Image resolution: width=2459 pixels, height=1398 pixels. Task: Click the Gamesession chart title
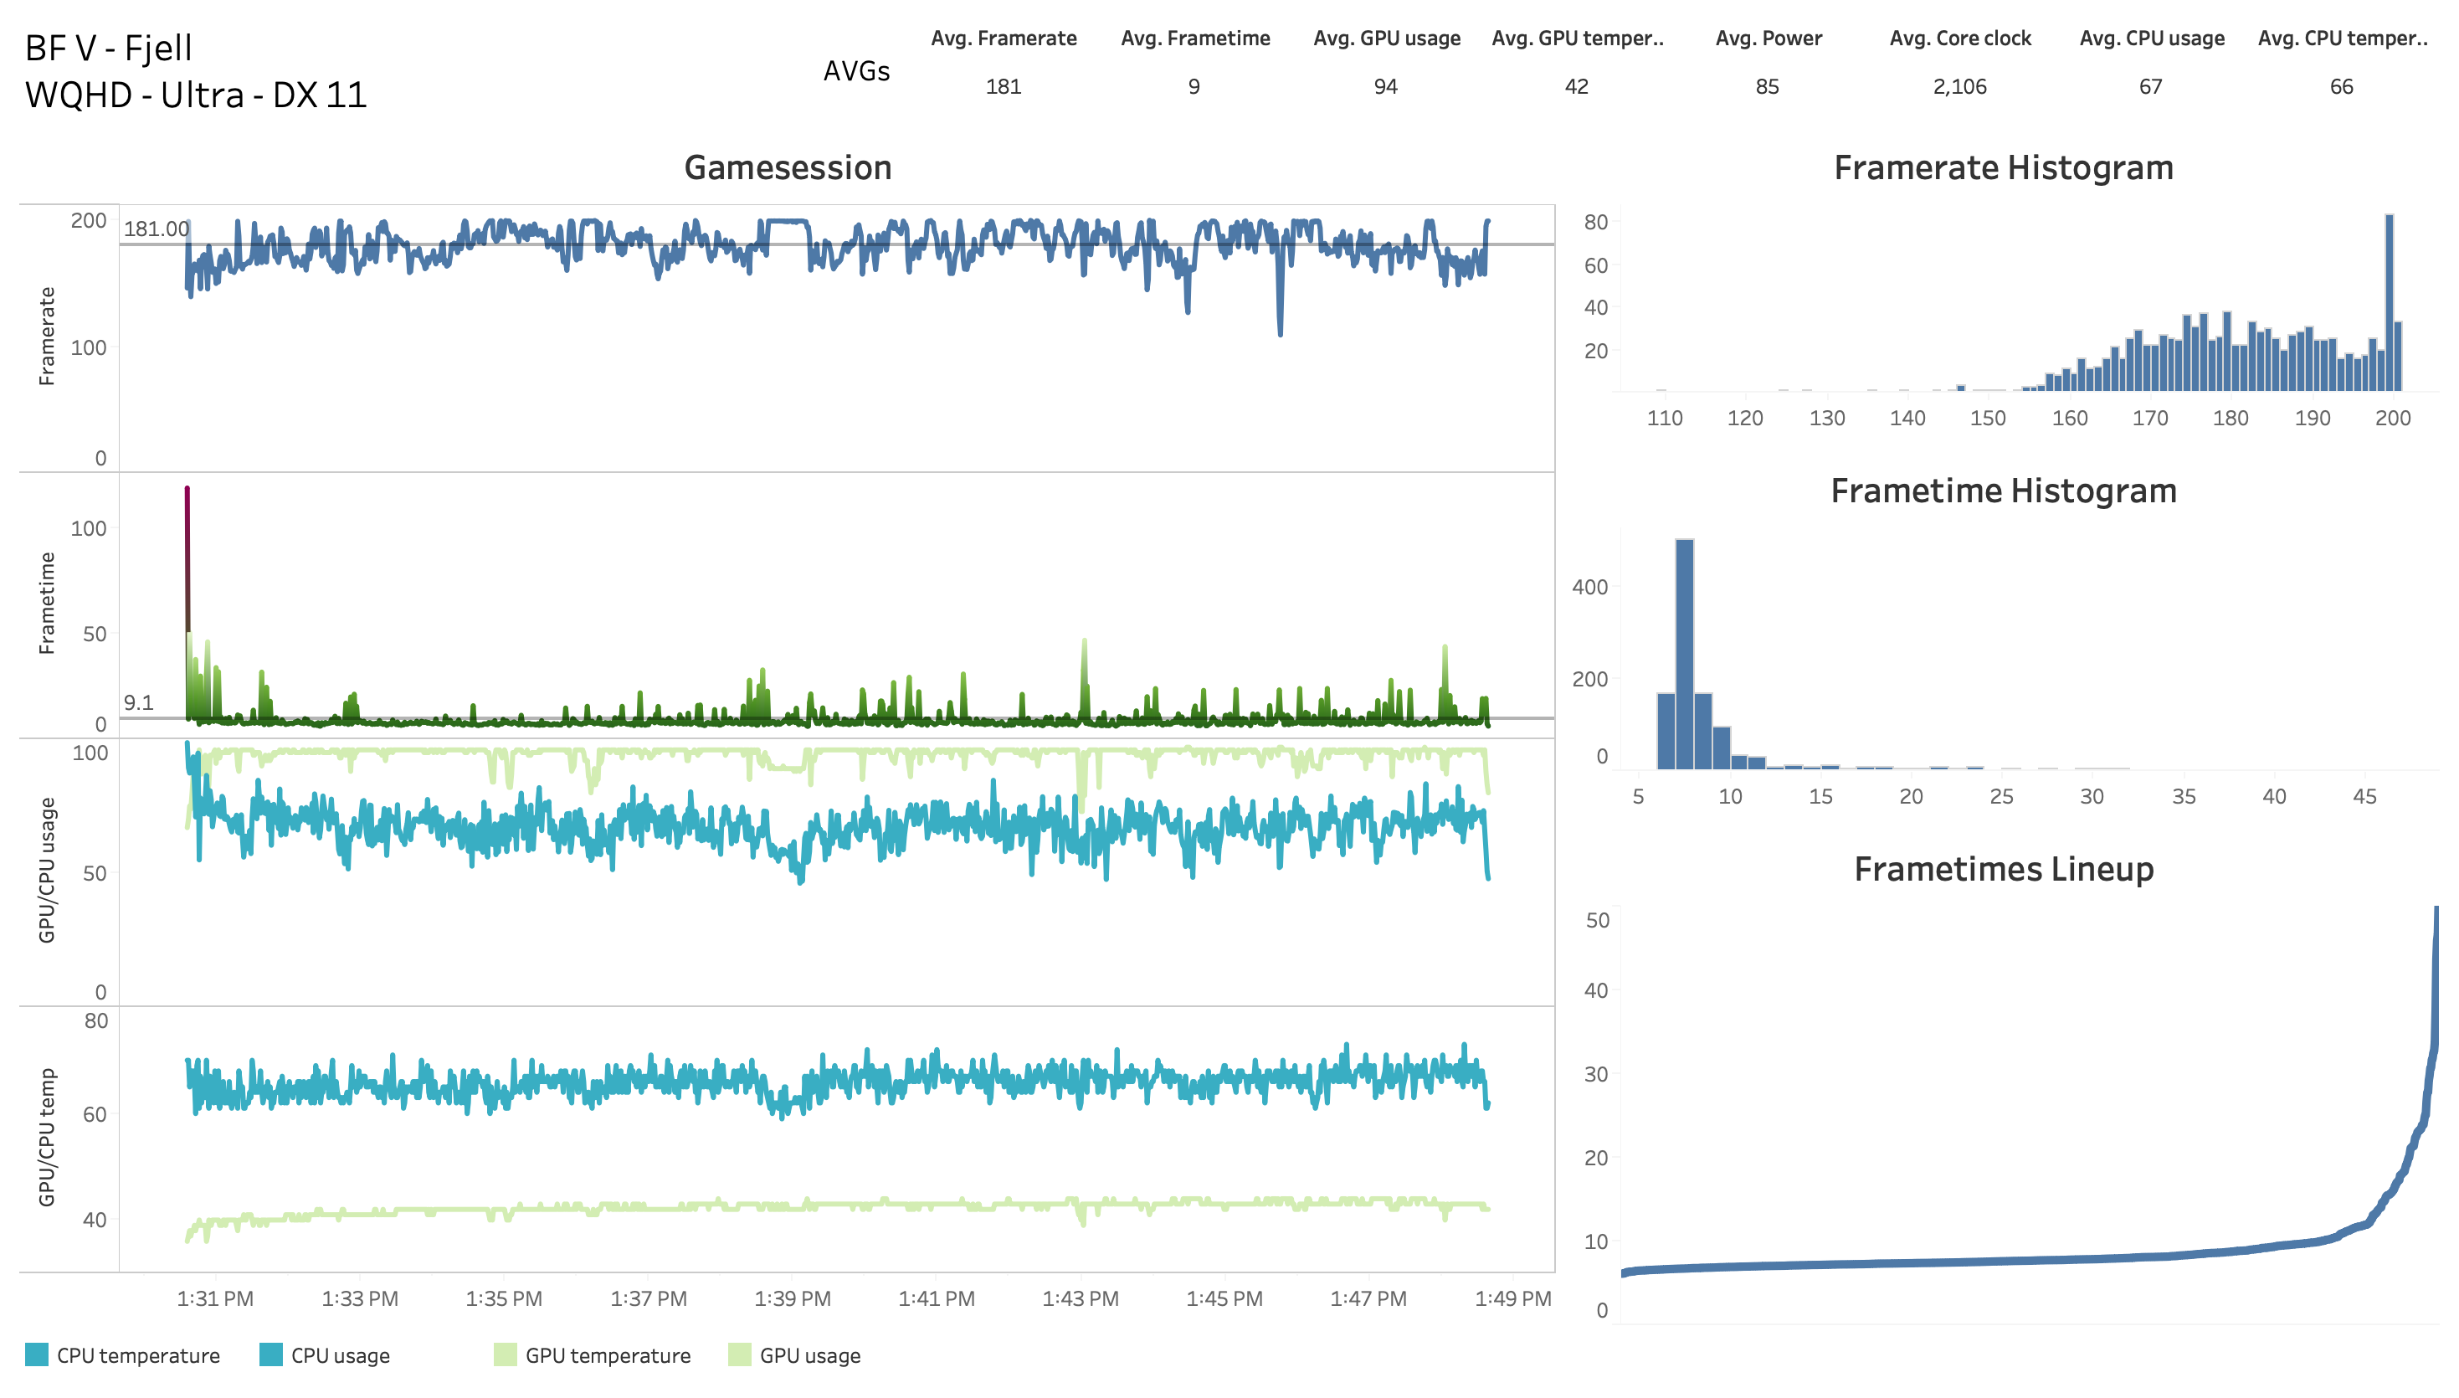(787, 168)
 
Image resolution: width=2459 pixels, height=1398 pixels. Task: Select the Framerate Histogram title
(2002, 168)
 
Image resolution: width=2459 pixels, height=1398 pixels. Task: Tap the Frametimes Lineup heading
(2002, 869)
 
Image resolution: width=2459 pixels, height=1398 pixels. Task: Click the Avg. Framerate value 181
(1003, 86)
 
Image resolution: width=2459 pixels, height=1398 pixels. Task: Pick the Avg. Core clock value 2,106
(1959, 86)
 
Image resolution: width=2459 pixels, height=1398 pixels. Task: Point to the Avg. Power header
(1768, 39)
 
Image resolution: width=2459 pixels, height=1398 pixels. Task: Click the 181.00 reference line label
(156, 229)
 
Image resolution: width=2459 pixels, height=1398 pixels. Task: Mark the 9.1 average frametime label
(138, 703)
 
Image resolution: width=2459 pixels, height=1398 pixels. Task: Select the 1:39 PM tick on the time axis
(792, 1298)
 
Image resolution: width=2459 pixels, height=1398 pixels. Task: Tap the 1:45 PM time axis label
(1224, 1298)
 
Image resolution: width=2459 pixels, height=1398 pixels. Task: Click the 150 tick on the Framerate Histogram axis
(1988, 418)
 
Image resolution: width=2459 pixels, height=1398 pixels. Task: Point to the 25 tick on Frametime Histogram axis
(2001, 796)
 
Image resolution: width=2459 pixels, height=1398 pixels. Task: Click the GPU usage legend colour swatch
(739, 1354)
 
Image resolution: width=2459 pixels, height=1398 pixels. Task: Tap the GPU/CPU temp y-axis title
(46, 1138)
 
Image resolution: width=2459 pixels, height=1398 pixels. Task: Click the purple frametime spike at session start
(187, 557)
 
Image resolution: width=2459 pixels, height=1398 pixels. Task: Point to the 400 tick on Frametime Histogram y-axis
(1589, 587)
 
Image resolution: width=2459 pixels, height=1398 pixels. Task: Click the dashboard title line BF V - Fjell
(109, 48)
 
